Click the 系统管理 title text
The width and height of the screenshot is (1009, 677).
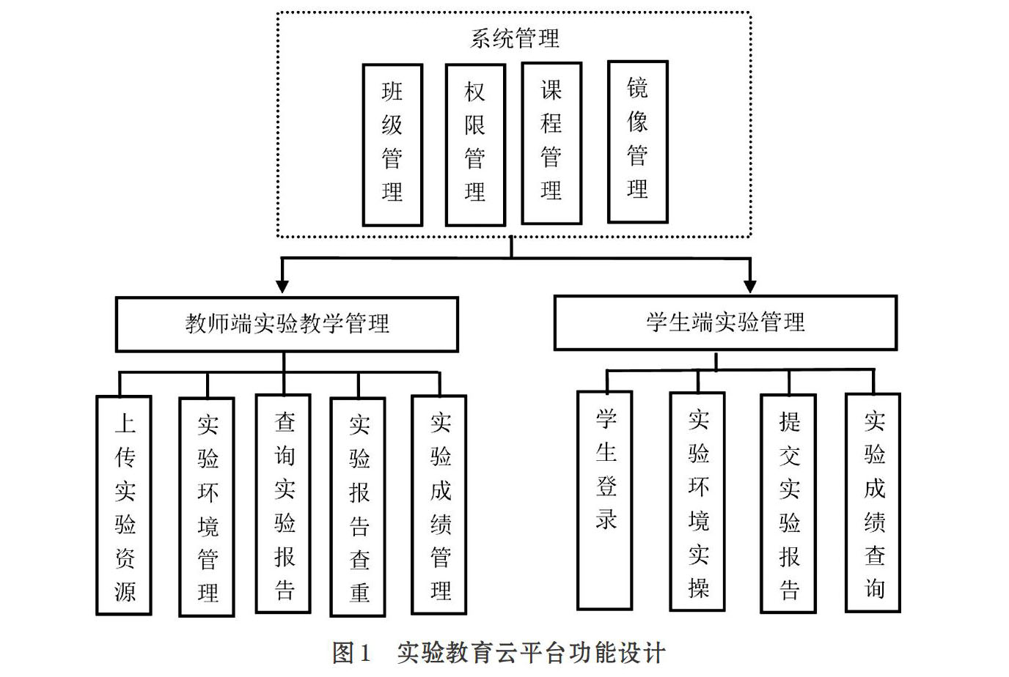pyautogui.click(x=515, y=38)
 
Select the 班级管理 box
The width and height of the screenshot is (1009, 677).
pyautogui.click(x=392, y=144)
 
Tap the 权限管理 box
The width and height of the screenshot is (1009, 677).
pyautogui.click(x=475, y=144)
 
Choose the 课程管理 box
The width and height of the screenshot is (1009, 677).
pyautogui.click(x=551, y=143)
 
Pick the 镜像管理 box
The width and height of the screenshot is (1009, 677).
pyautogui.click(x=637, y=141)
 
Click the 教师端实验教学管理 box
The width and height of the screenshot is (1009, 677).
pyautogui.click(x=287, y=324)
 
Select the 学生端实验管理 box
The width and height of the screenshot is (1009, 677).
pyautogui.click(x=725, y=322)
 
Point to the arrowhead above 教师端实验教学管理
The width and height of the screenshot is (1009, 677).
pyautogui.click(x=282, y=286)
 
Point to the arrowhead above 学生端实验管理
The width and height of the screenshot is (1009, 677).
pyautogui.click(x=749, y=286)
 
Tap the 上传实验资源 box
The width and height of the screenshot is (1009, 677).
pyautogui.click(x=124, y=505)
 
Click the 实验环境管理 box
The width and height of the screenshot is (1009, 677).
pyautogui.click(x=207, y=507)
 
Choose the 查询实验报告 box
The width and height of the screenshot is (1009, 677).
pyautogui.click(x=283, y=503)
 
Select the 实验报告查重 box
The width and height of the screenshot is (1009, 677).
pyautogui.click(x=358, y=507)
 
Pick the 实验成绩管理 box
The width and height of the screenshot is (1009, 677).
pyautogui.click(x=439, y=505)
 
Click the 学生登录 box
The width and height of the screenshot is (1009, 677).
pyautogui.click(x=605, y=500)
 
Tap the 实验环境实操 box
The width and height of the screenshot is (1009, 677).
pyautogui.click(x=697, y=501)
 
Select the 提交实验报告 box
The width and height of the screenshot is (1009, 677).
pyautogui.click(x=788, y=503)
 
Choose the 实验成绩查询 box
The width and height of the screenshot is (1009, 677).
pyautogui.click(x=873, y=503)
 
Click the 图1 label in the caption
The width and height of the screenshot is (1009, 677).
pyautogui.click(x=351, y=652)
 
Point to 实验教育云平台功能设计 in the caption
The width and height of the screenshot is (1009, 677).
pyautogui.click(x=531, y=652)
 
